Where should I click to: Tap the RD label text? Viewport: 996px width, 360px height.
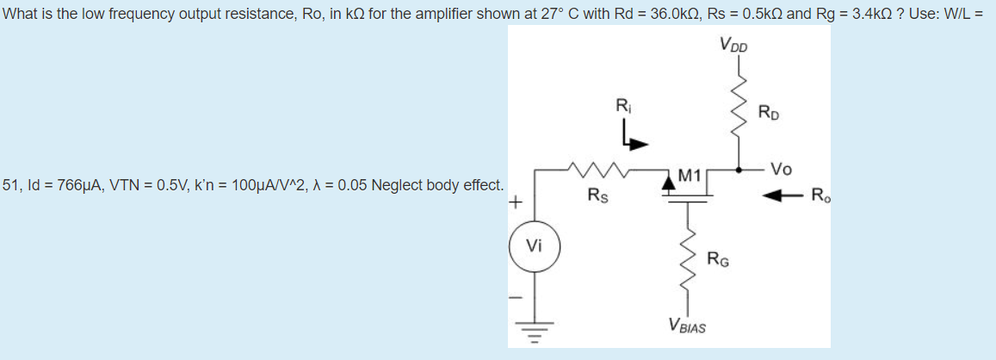coord(770,112)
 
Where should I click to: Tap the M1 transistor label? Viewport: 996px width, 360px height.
coord(690,177)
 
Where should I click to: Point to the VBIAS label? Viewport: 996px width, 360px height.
coord(686,326)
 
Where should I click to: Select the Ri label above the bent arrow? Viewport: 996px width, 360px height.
coord(622,107)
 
